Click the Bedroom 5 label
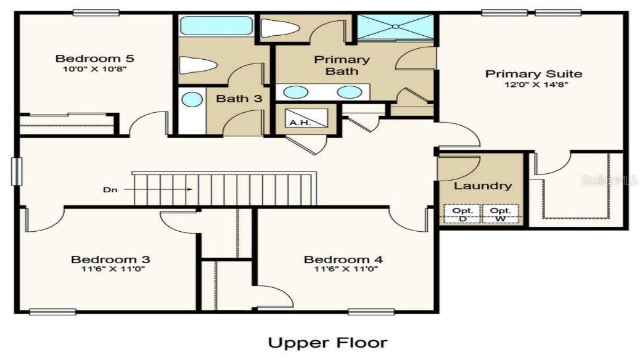click(x=94, y=59)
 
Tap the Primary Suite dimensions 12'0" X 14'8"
click(x=533, y=85)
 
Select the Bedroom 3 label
click(x=110, y=259)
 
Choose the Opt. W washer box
click(x=499, y=214)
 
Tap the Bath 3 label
click(x=239, y=99)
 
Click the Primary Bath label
click(x=342, y=65)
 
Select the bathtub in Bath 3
click(x=216, y=27)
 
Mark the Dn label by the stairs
click(x=109, y=190)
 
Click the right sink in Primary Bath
click(x=350, y=92)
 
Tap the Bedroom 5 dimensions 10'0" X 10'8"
click(x=94, y=69)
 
